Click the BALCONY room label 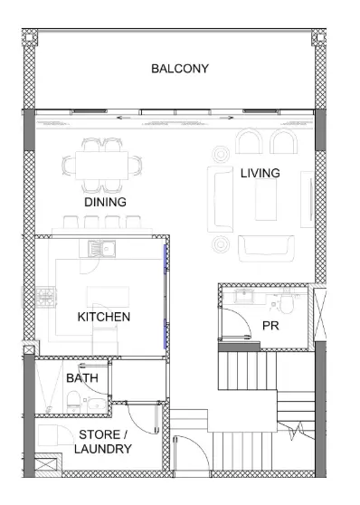click(x=180, y=69)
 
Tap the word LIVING click(x=261, y=173)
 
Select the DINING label click(x=105, y=202)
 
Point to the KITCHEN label click(x=104, y=317)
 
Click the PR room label click(x=270, y=326)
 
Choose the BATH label click(x=82, y=378)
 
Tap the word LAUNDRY click(x=103, y=449)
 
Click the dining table click(x=101, y=166)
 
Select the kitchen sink click(x=101, y=249)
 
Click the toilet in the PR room click(x=286, y=303)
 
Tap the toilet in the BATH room click(x=73, y=401)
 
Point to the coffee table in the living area click(x=266, y=199)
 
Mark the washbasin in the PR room click(x=244, y=296)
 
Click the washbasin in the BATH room click(x=97, y=404)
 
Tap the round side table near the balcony click(x=221, y=154)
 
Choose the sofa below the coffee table click(x=266, y=249)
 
